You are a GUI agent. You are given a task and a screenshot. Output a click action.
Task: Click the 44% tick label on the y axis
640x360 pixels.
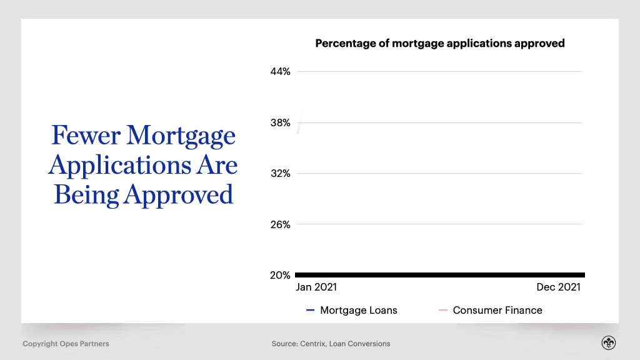click(x=280, y=72)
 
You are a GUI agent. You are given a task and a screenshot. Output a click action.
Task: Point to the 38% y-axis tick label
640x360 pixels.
click(x=280, y=123)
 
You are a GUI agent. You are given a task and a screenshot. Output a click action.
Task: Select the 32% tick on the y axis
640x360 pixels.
click(x=280, y=174)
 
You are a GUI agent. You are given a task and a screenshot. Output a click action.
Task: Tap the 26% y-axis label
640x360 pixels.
click(x=280, y=224)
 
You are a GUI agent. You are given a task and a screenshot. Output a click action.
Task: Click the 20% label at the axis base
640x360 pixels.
click(x=280, y=276)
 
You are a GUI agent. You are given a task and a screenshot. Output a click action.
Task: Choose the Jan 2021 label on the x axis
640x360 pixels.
click(x=316, y=287)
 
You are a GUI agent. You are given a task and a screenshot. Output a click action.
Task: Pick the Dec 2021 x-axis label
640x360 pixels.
click(x=558, y=287)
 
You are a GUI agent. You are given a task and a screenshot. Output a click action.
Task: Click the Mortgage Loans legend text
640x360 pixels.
click(x=358, y=310)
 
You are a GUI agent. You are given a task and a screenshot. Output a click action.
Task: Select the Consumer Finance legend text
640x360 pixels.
click(x=497, y=310)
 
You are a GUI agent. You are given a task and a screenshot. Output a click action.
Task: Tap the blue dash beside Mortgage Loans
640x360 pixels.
click(x=310, y=310)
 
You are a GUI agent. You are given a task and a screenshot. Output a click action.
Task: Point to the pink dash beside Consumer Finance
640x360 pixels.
click(x=443, y=310)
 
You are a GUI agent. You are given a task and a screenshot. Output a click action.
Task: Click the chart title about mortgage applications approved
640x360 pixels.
click(x=439, y=44)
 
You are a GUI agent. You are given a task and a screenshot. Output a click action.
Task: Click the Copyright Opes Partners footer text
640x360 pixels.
click(x=66, y=344)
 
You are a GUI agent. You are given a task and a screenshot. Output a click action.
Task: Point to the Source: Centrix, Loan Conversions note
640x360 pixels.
click(x=331, y=344)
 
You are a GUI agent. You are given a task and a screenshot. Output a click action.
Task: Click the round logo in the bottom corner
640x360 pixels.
click(x=608, y=343)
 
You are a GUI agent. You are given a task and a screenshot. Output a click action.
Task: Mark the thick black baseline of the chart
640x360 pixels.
click(x=440, y=275)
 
